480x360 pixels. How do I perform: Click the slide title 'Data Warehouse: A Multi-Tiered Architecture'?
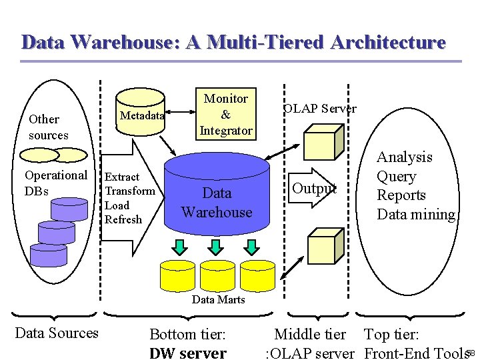tap(233, 42)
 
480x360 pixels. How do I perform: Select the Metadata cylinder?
tap(141, 115)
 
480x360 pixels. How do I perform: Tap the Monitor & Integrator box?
tap(225, 114)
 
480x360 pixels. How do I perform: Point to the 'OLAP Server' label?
tap(320, 108)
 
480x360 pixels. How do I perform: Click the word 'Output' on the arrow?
tap(315, 188)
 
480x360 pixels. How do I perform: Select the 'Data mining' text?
tap(416, 214)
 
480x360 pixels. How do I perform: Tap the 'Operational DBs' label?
tap(55, 183)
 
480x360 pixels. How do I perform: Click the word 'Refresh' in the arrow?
tap(123, 219)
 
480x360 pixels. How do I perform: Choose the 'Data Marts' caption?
tap(218, 299)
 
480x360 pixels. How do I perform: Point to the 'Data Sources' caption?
tap(57, 333)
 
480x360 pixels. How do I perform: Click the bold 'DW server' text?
tap(188, 353)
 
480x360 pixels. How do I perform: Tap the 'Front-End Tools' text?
tap(415, 353)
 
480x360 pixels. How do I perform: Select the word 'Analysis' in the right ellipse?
tap(404, 157)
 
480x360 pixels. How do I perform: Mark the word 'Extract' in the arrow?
tap(122, 177)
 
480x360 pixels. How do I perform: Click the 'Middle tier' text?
tap(310, 334)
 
